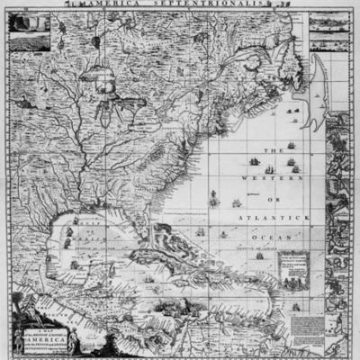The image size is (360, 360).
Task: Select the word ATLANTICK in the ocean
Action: click(282, 217)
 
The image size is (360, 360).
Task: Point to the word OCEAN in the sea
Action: click(282, 236)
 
